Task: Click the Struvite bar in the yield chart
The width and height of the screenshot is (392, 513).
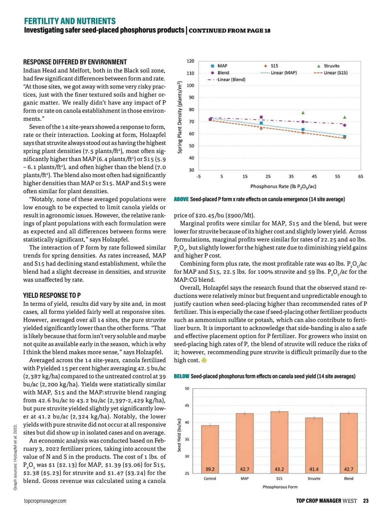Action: tap(314, 445)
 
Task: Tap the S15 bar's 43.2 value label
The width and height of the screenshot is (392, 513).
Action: tap(279, 469)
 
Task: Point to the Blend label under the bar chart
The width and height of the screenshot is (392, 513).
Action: tap(349, 478)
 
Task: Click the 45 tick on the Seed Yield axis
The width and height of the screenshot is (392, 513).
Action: tap(187, 405)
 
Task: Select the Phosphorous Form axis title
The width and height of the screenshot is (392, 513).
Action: tap(280, 487)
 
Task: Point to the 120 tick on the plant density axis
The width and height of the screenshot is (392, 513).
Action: tap(190, 61)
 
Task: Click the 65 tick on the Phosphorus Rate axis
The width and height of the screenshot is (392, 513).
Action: tap(361, 177)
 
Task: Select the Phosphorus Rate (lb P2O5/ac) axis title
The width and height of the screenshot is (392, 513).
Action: tap(283, 186)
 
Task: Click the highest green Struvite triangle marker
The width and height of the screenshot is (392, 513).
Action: tap(303, 113)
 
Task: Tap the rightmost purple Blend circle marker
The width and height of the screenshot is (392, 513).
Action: tap(345, 125)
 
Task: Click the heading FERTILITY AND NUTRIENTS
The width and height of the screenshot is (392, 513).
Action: tap(70, 21)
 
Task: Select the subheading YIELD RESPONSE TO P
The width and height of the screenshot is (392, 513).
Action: tap(52, 296)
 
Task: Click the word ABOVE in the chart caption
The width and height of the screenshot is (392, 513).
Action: tap(181, 199)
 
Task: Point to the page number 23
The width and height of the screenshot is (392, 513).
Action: tap(366, 501)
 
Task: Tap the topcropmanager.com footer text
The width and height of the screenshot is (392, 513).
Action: tap(45, 501)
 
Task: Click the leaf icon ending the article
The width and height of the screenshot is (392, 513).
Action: tap(204, 360)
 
